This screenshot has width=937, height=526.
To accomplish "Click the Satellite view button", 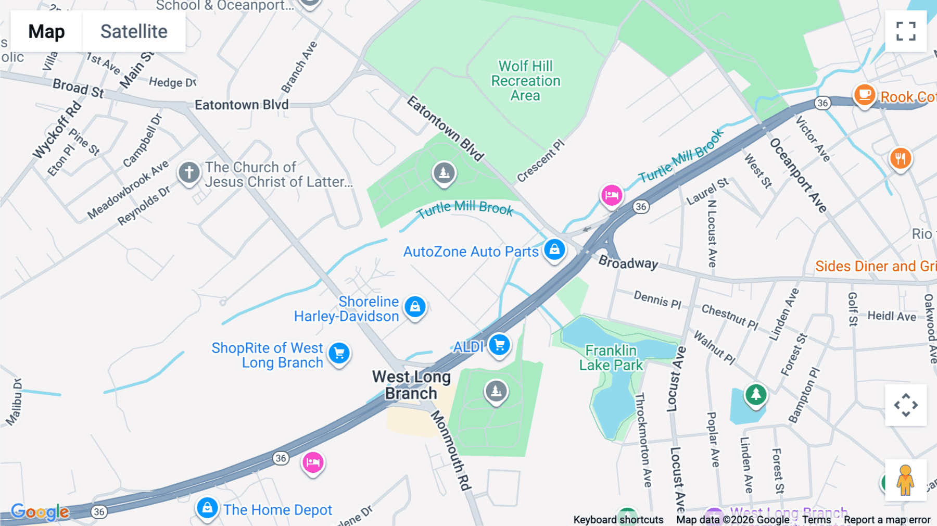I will pos(134,32).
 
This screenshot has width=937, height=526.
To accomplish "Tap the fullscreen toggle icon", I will pos(906,31).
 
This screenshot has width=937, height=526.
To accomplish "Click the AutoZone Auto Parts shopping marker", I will pos(554,250).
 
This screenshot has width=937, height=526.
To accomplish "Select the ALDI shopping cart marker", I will pos(500,345).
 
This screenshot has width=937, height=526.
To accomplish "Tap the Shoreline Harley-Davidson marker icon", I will pos(415,307).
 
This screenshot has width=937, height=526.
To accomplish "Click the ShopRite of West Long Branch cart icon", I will pos(339,354).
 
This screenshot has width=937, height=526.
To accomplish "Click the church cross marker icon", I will pos(189,172).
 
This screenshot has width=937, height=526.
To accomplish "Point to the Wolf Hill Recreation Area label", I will pos(526,81).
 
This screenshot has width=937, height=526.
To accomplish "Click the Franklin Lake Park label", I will pos(611,358).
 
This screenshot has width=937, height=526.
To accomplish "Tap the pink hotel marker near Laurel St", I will pos(612,195).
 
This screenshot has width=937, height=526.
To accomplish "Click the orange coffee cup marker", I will pos(864,95).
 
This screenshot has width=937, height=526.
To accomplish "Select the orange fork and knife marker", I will pos(900,158).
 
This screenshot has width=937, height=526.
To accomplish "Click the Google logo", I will pos(40,511).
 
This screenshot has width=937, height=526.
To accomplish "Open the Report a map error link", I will pos(887,520).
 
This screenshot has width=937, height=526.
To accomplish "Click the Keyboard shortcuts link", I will pos(618,520).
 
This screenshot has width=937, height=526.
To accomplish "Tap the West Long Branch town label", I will pos(411,385).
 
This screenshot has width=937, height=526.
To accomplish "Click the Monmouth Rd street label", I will pos(451,450).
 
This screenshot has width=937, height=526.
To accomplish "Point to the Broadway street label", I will pos(628,262).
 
